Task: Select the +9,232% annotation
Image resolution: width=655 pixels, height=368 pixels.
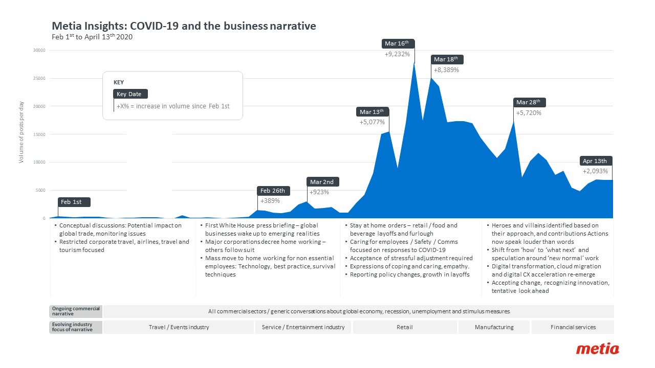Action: [x=397, y=54]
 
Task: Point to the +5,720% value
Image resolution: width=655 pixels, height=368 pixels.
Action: [x=529, y=112]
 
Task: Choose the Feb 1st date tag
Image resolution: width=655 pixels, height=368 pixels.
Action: [x=74, y=202]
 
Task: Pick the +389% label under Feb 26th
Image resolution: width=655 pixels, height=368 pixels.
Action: [x=270, y=200]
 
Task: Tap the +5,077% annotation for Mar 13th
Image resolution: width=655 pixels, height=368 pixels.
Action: [x=372, y=122]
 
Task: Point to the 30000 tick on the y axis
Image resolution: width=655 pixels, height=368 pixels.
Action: [x=39, y=51]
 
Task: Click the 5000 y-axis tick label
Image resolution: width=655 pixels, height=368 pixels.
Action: [x=40, y=190]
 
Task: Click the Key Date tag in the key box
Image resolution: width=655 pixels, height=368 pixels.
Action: [x=130, y=94]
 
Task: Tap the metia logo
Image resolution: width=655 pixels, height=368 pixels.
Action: [x=597, y=350]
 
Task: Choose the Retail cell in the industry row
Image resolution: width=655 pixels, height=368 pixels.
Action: [x=404, y=327]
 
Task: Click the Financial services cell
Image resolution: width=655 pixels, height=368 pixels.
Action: [x=573, y=327]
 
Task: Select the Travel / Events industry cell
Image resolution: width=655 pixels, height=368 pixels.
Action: [x=179, y=327]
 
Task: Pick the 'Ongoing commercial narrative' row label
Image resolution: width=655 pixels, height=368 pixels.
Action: [x=76, y=311]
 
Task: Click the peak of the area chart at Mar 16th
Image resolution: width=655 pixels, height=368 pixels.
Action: [x=414, y=63]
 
